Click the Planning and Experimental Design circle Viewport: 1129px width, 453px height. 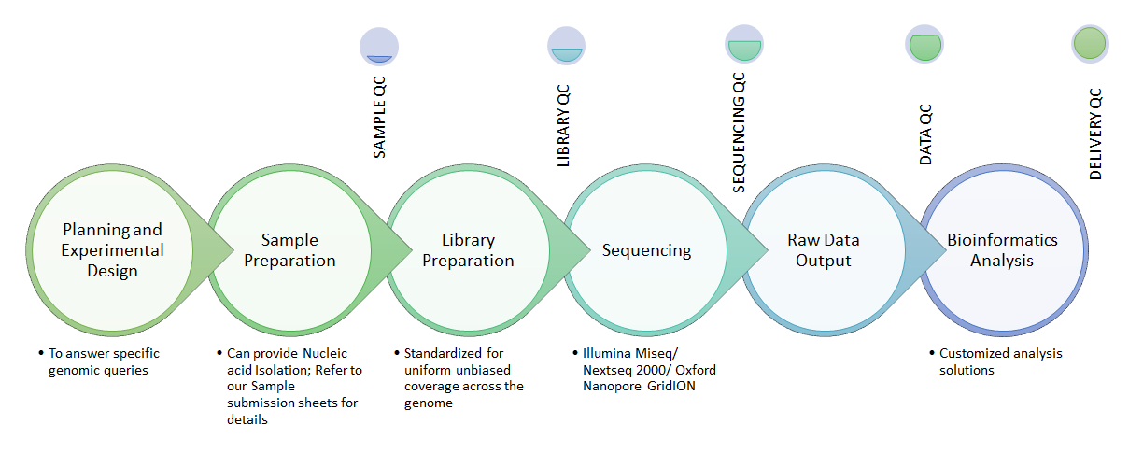click(x=112, y=250)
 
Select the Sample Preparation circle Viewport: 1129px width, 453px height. click(x=290, y=250)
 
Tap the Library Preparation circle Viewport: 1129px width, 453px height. click(x=468, y=250)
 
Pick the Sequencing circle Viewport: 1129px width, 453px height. click(x=646, y=250)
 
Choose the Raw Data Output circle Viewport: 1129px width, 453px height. click(x=824, y=250)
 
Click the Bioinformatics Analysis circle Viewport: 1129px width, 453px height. click(x=1003, y=250)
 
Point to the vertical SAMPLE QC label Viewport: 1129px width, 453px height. click(x=379, y=118)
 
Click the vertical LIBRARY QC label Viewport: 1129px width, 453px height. click(x=563, y=125)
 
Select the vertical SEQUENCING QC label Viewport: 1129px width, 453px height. click(x=739, y=133)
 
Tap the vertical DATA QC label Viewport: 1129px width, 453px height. click(x=925, y=134)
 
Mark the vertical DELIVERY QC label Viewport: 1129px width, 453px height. click(x=1095, y=134)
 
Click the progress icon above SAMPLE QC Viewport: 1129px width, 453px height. click(x=379, y=47)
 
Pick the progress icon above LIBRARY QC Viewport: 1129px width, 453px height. click(x=567, y=46)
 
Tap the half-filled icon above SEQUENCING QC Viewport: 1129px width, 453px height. click(x=744, y=44)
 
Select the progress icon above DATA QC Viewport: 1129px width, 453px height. click(x=924, y=44)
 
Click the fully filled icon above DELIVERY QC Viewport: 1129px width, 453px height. click(x=1090, y=44)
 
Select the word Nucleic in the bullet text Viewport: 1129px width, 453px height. click(x=325, y=353)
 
